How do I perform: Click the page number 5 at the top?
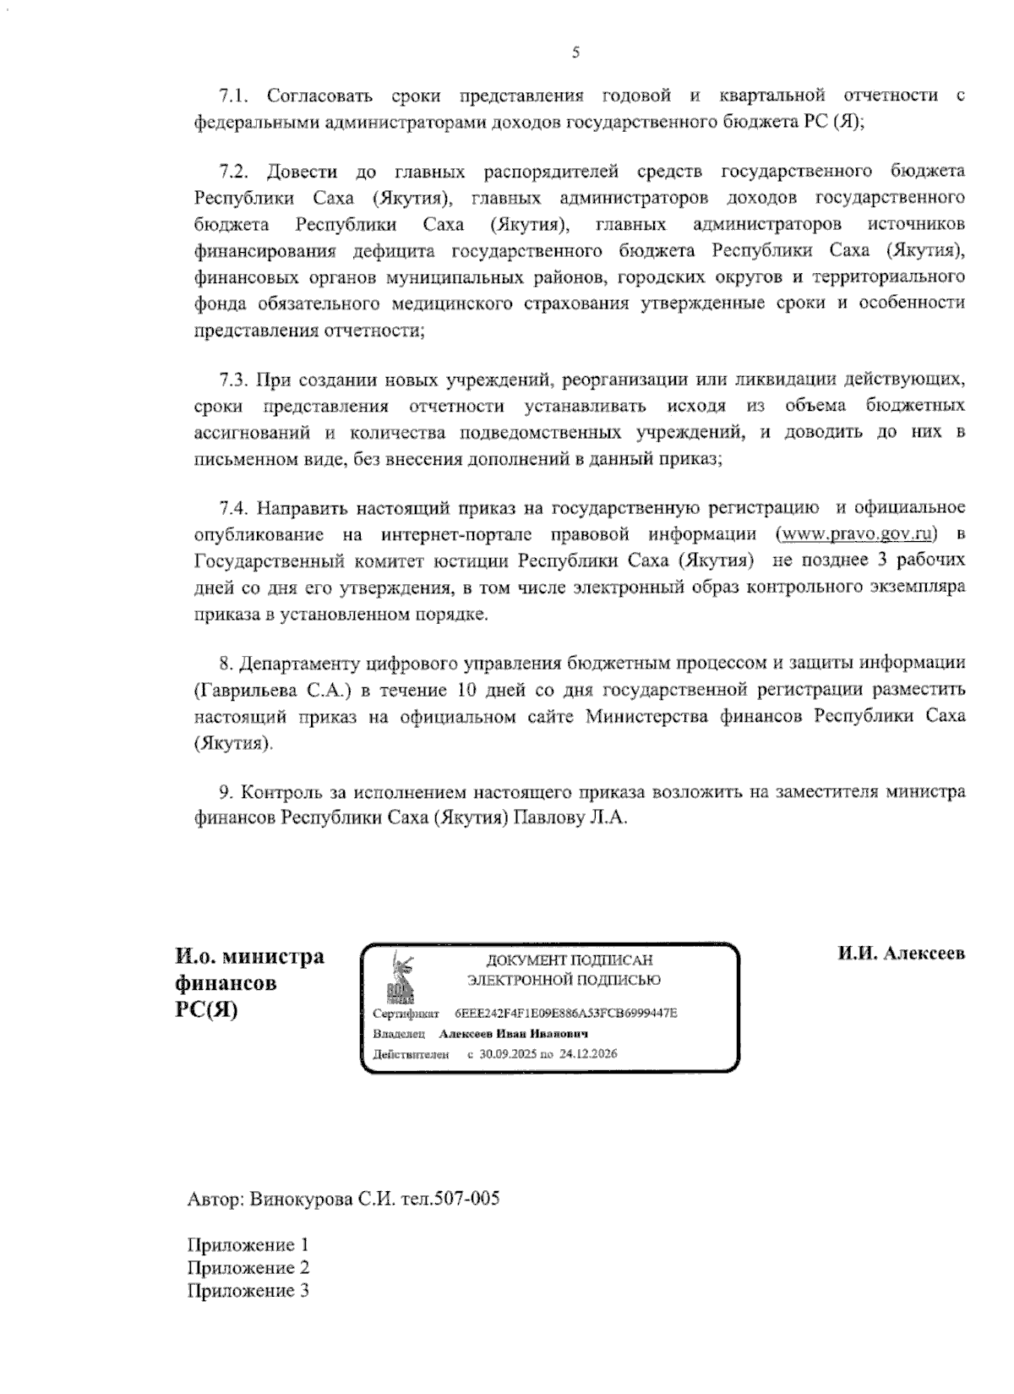coord(575,53)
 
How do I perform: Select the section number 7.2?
coord(233,172)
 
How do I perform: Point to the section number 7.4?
coord(233,508)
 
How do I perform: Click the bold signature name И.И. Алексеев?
coord(901,954)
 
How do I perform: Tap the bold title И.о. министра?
coord(249,957)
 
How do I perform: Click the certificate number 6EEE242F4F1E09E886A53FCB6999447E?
coord(565,1013)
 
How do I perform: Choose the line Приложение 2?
coord(247,1268)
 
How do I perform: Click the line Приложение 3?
coord(247,1291)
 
